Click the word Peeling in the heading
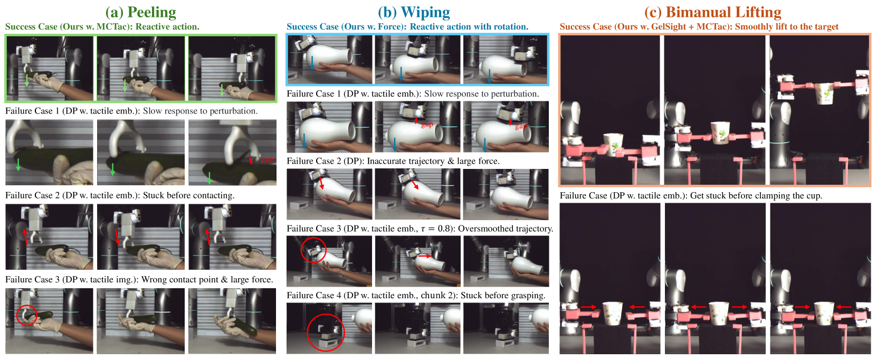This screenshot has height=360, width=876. (152, 13)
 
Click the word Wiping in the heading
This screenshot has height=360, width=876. (425, 13)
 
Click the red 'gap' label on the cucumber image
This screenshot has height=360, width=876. (266, 159)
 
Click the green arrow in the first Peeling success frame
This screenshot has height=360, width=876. (26, 80)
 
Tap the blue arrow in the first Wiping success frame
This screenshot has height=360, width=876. (312, 63)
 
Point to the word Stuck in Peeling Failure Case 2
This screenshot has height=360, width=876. (154, 195)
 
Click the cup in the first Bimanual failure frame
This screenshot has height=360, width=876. (612, 314)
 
